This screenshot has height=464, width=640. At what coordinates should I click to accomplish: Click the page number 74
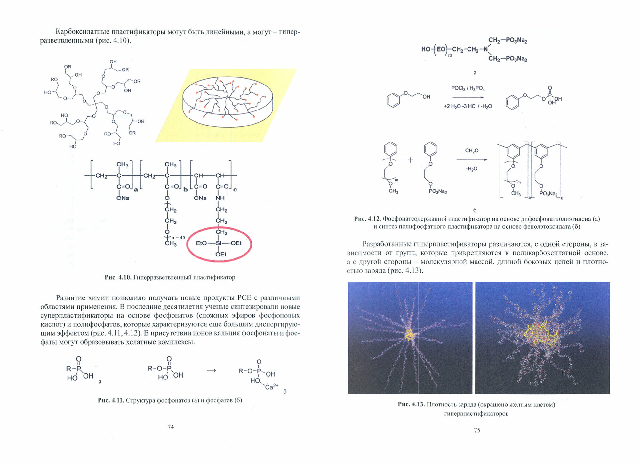coord(171,427)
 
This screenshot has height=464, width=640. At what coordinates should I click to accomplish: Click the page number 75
coord(477,430)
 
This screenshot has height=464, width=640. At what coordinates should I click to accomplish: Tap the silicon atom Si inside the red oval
coord(219,243)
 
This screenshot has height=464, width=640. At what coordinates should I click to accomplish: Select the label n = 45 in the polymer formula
coord(178,237)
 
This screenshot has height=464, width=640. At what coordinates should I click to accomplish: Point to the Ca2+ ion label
coord(272,387)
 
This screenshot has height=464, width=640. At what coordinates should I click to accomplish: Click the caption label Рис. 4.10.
coord(118,277)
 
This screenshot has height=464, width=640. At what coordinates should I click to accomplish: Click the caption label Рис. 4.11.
coord(111,400)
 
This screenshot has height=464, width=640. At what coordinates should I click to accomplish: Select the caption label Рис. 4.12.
coord(367,219)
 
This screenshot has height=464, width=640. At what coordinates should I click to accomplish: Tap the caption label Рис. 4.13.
coord(411,404)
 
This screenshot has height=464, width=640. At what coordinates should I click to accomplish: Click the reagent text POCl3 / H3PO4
coord(468,88)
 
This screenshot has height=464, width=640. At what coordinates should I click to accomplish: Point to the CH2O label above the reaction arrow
coord(472,151)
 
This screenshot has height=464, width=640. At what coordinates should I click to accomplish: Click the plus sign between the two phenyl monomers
coord(411,160)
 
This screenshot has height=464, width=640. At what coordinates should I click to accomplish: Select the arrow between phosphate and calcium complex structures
coord(212,370)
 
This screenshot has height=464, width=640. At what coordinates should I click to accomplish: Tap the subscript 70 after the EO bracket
coord(450,56)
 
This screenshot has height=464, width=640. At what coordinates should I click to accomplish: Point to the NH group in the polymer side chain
coord(220,198)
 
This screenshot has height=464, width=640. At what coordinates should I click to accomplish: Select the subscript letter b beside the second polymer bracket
coord(185,190)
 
